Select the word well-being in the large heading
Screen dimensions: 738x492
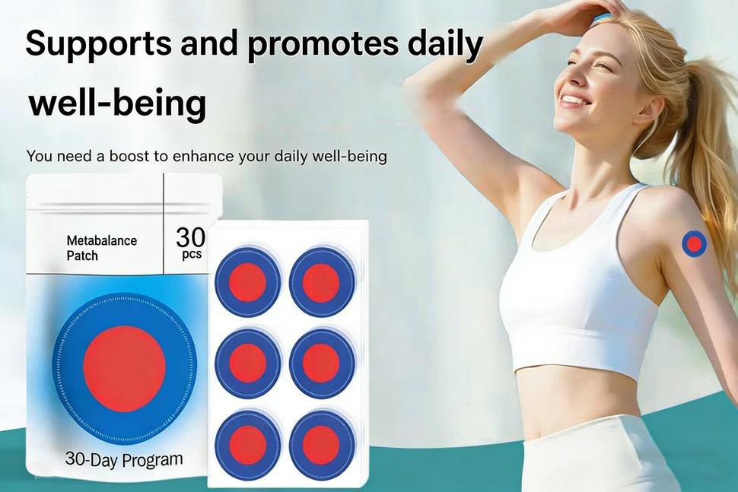click(x=117, y=104)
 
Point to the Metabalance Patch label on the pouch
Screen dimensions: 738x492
click(x=102, y=249)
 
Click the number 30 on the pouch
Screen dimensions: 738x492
click(x=191, y=237)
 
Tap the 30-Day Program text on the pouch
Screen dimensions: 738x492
click(x=124, y=459)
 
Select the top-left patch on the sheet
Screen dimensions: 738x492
click(x=248, y=282)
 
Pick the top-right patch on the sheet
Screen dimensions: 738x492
click(x=322, y=282)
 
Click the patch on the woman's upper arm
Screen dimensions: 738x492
click(x=695, y=243)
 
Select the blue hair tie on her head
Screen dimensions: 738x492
click(x=600, y=17)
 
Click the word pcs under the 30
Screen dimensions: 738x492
click(x=192, y=255)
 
